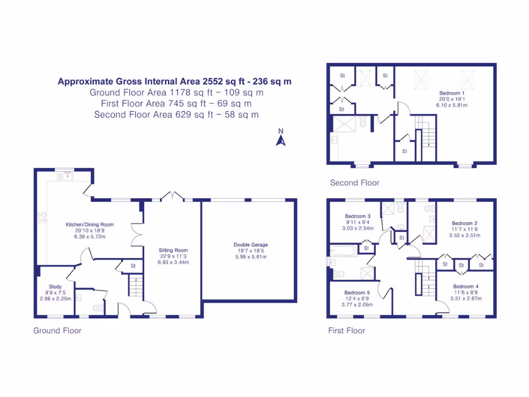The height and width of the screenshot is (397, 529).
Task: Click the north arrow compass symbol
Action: point(281,138)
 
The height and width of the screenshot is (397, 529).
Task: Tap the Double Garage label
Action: point(251,245)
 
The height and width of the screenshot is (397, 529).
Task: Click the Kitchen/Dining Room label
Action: point(89,224)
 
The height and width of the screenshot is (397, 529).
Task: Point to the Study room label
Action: point(55,286)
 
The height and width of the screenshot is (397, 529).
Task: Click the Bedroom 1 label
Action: point(452,93)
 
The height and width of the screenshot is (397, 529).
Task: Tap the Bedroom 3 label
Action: point(358,216)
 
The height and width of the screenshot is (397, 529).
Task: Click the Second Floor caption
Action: point(354,182)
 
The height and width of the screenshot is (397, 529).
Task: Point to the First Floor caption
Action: point(347,330)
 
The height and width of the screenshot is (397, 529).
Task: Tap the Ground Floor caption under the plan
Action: point(57,330)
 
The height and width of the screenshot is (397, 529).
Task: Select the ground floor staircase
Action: point(135,286)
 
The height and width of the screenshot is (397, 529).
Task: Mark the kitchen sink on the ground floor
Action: point(66,176)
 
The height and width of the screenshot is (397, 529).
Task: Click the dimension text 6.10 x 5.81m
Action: point(452,105)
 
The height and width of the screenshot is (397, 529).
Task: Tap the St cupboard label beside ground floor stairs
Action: point(133,266)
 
